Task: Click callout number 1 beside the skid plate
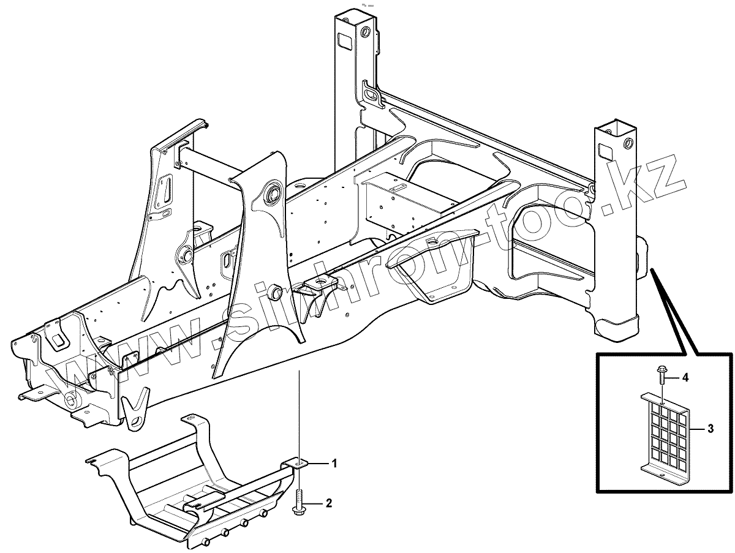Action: pos(334,464)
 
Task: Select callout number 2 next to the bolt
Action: pos(329,503)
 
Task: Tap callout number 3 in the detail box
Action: pos(710,429)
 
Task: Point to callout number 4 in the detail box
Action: pos(685,378)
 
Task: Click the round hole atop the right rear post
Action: pos(627,145)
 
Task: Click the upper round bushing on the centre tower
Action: pos(273,194)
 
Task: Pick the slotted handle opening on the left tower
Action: pos(165,192)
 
